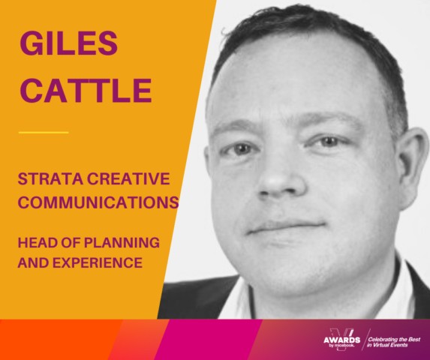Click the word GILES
(x=68, y=43)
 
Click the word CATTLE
(x=86, y=91)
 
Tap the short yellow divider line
(x=44, y=133)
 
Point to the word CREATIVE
(x=128, y=179)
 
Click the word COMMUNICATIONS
(x=98, y=202)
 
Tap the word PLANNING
(x=122, y=243)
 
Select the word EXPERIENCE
(x=98, y=262)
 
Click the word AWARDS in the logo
(x=341, y=340)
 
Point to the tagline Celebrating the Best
(x=394, y=340)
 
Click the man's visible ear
(x=410, y=167)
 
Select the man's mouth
(x=287, y=227)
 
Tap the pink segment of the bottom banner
(x=209, y=340)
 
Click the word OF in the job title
(x=71, y=243)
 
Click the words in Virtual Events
(x=387, y=345)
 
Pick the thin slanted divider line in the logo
(x=366, y=340)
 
